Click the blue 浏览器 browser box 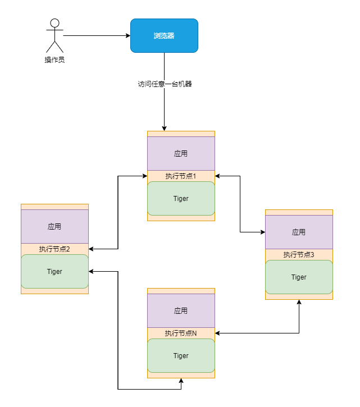click(164, 35)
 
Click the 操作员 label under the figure click(54, 60)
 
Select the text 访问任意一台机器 click(165, 84)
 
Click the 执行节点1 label click(181, 176)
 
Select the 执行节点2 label click(54, 249)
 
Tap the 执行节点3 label click(299, 255)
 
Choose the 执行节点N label click(181, 333)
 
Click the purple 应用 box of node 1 click(181, 153)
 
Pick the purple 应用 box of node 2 click(54, 226)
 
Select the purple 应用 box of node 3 click(299, 232)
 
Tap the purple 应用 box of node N click(181, 310)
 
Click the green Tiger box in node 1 click(181, 198)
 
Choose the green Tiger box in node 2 click(54, 271)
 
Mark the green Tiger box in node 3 click(299, 277)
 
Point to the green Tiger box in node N click(181, 355)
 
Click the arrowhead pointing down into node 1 click(164, 128)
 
